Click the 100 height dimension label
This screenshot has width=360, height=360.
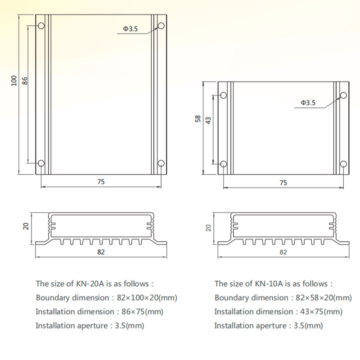(14, 81)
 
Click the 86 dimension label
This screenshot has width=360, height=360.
(25, 81)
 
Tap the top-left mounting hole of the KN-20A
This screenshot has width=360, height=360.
(41, 26)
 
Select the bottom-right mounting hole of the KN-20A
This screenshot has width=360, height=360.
(161, 163)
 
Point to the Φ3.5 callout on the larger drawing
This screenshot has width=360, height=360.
(130, 29)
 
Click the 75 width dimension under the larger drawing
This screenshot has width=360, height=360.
(101, 182)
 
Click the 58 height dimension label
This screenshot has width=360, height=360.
(198, 119)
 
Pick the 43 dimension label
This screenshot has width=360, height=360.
(208, 121)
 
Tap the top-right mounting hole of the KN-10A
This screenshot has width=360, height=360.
(343, 95)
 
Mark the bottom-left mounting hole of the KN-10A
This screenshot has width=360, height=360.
(223, 164)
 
